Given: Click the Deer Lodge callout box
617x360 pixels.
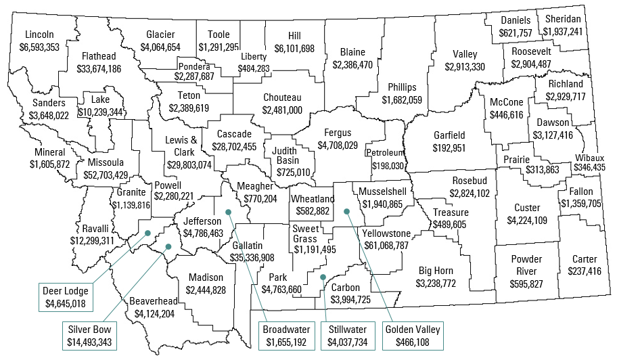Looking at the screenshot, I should coord(66,298).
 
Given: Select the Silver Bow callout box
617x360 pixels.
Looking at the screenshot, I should coord(90,336).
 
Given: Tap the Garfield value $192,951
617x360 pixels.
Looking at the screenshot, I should coord(449,148).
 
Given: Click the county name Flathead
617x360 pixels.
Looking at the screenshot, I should coord(98,56).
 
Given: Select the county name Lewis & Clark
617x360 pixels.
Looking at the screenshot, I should coord(181,145).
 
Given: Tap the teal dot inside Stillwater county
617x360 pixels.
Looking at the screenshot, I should coord(323,277).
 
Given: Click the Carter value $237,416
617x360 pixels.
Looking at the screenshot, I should coord(585,271).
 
